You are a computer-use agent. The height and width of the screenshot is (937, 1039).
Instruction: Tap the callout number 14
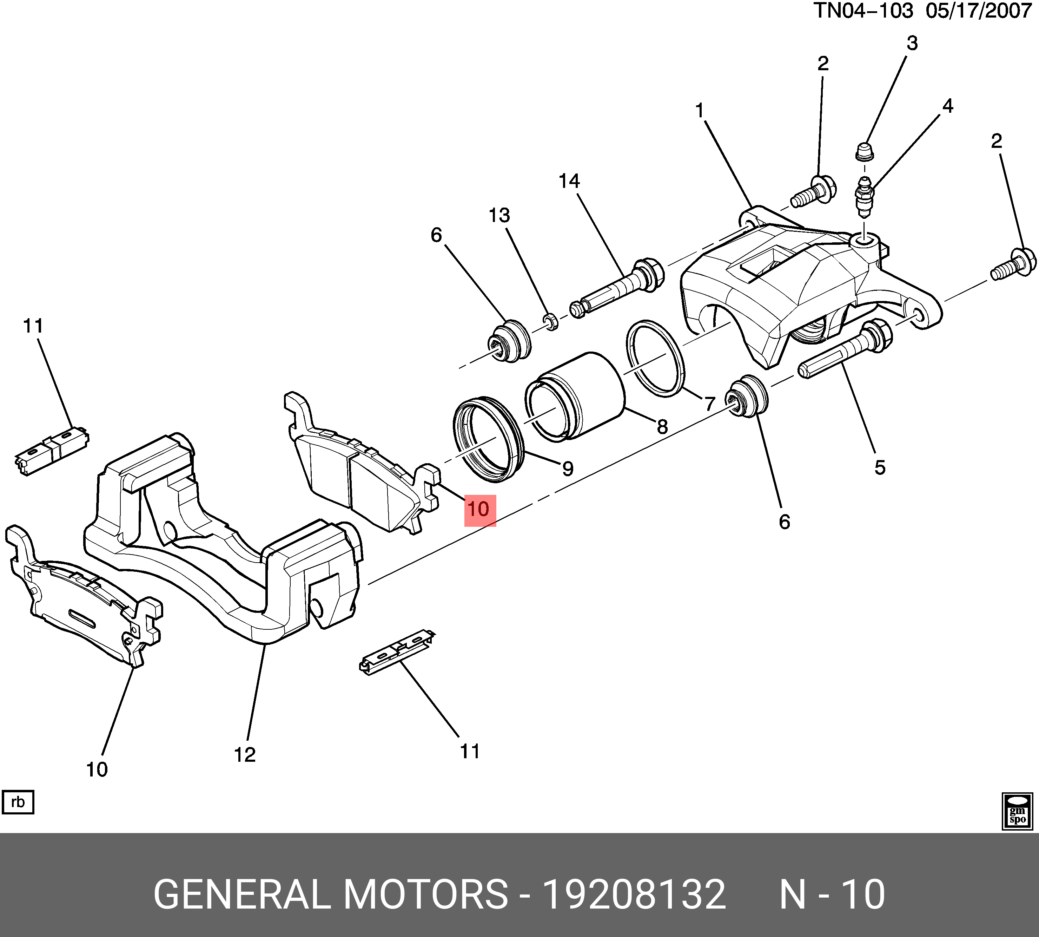[x=569, y=181]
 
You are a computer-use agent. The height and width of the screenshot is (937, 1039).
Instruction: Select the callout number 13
[x=499, y=215]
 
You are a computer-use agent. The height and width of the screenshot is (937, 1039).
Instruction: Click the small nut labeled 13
[x=551, y=322]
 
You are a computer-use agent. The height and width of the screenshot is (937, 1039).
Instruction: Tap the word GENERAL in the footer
[x=242, y=895]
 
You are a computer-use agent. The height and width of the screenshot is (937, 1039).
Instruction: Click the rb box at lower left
[x=18, y=802]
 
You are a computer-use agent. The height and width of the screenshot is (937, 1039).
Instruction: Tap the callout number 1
[x=699, y=110]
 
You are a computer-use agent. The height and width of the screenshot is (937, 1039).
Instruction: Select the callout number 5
[x=880, y=467]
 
